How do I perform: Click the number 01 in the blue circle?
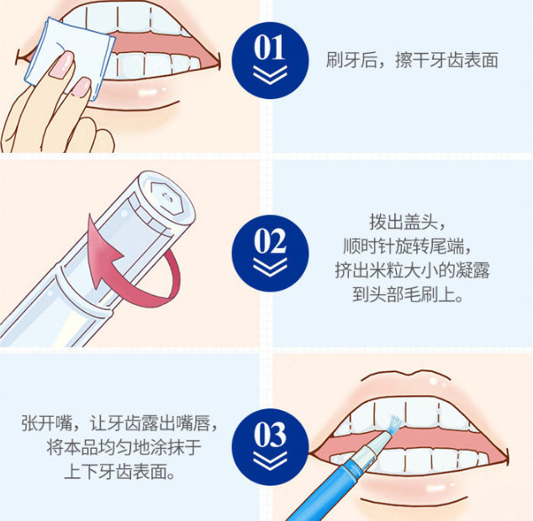[x=270, y=47]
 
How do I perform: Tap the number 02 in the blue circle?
[x=270, y=240]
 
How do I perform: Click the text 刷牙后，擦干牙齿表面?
[x=412, y=61]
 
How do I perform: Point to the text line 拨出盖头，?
[x=407, y=222]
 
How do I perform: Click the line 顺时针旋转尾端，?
[x=407, y=245]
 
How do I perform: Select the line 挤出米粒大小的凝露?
[x=412, y=271]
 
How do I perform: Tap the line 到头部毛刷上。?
[x=408, y=294]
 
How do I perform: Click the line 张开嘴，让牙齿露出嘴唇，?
[x=119, y=424]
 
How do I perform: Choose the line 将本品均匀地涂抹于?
[x=124, y=447]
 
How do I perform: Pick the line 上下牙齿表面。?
[x=119, y=471]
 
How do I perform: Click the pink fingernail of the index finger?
[x=62, y=64]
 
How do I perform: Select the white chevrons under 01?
[x=270, y=75]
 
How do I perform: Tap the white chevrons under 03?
[x=270, y=460]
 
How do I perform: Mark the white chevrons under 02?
[x=270, y=267]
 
